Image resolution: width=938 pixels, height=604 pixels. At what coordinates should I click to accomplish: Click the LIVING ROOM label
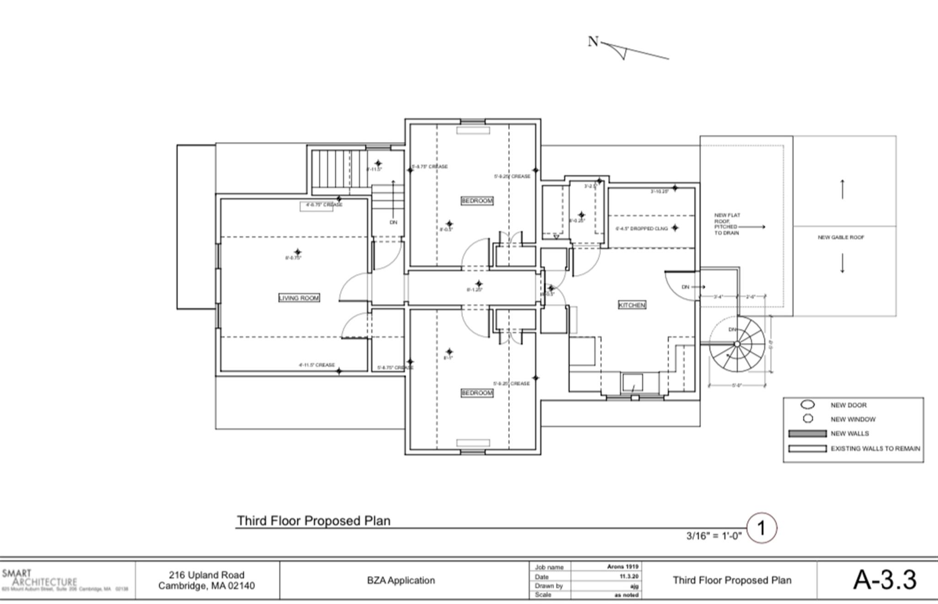click(299, 298)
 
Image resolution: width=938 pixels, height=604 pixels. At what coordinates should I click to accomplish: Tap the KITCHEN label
click(632, 305)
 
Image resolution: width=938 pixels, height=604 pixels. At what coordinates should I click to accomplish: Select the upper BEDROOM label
click(477, 201)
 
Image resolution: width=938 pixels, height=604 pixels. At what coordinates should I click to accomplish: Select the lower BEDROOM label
click(477, 393)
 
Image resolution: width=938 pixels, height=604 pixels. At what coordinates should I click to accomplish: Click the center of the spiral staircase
click(737, 344)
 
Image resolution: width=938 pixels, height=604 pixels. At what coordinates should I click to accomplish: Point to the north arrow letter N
click(593, 42)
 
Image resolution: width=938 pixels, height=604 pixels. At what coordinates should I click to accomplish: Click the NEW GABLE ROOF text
click(841, 237)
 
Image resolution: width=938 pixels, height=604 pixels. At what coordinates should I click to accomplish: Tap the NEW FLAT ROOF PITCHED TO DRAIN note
click(727, 224)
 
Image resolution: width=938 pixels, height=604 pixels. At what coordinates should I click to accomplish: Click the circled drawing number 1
click(762, 528)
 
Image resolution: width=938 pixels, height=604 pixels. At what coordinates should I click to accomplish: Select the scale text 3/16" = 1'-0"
click(714, 536)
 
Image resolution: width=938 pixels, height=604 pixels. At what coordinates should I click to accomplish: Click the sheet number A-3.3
click(884, 580)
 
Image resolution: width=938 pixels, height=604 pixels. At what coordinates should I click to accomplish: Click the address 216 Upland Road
click(207, 575)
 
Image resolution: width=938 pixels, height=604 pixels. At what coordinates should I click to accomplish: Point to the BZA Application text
click(401, 580)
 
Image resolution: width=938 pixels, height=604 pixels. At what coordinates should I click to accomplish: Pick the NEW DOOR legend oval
click(807, 405)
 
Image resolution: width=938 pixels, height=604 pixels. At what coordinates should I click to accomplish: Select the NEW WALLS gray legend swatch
click(807, 434)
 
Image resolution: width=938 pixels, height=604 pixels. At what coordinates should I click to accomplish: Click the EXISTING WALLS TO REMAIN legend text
click(875, 449)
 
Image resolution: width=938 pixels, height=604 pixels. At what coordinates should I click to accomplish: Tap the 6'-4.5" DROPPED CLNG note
click(641, 228)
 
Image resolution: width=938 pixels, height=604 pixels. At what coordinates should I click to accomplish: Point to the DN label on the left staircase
click(393, 222)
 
